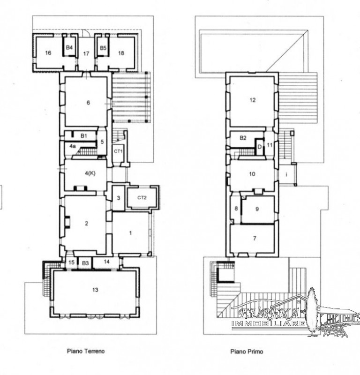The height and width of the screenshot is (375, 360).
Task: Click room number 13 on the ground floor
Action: pyautogui.click(x=95, y=290)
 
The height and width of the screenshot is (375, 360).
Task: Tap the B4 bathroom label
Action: pyautogui.click(x=69, y=48)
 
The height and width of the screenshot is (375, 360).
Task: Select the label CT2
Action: pyautogui.click(x=142, y=198)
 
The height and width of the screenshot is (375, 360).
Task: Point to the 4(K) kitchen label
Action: pyautogui.click(x=90, y=173)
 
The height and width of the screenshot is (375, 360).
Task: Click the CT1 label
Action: pyautogui.click(x=119, y=151)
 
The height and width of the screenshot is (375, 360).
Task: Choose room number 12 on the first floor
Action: pyautogui.click(x=253, y=100)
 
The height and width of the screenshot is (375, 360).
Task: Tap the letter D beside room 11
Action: pyautogui.click(x=260, y=147)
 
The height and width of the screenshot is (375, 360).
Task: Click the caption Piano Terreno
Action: pyautogui.click(x=86, y=351)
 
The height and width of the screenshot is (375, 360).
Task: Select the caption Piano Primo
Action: pyautogui.click(x=247, y=352)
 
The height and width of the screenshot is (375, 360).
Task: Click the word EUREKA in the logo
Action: pyautogui.click(x=269, y=313)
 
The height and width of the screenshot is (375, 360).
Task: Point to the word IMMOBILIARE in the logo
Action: pyautogui.click(x=269, y=324)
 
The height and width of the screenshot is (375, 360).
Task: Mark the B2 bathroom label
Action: pyautogui.click(x=243, y=138)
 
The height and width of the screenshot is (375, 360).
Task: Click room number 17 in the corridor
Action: pyautogui.click(x=86, y=53)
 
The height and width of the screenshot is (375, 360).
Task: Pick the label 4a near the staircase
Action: pyautogui.click(x=73, y=146)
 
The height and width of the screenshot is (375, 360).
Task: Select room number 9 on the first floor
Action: pyautogui.click(x=257, y=209)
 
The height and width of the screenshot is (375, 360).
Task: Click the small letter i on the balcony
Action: pyautogui.click(x=286, y=174)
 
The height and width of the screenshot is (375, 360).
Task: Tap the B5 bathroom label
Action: pyautogui.click(x=103, y=48)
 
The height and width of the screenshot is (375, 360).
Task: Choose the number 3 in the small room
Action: pyautogui.click(x=119, y=198)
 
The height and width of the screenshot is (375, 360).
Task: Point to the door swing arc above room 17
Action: pyautogui.click(x=87, y=32)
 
